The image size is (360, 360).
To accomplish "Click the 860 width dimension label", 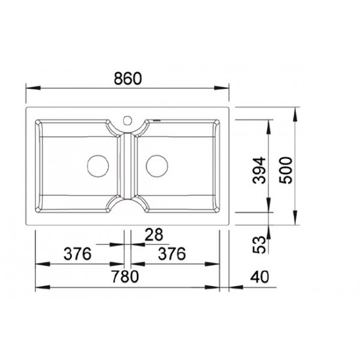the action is (x=128, y=79).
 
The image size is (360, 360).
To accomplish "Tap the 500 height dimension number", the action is (x=285, y=170).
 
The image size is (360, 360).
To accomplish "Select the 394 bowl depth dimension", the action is (x=259, y=170).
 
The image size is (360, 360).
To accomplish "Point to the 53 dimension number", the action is (x=259, y=245).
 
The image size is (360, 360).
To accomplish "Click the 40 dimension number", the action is (x=259, y=277).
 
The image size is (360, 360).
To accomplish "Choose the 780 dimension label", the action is (x=125, y=276).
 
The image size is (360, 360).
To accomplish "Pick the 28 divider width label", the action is (x=154, y=234).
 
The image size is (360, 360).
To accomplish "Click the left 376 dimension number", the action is (x=77, y=254).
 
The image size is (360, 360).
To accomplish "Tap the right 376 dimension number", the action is (x=171, y=254).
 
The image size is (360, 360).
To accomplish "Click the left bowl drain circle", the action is (x=98, y=166).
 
